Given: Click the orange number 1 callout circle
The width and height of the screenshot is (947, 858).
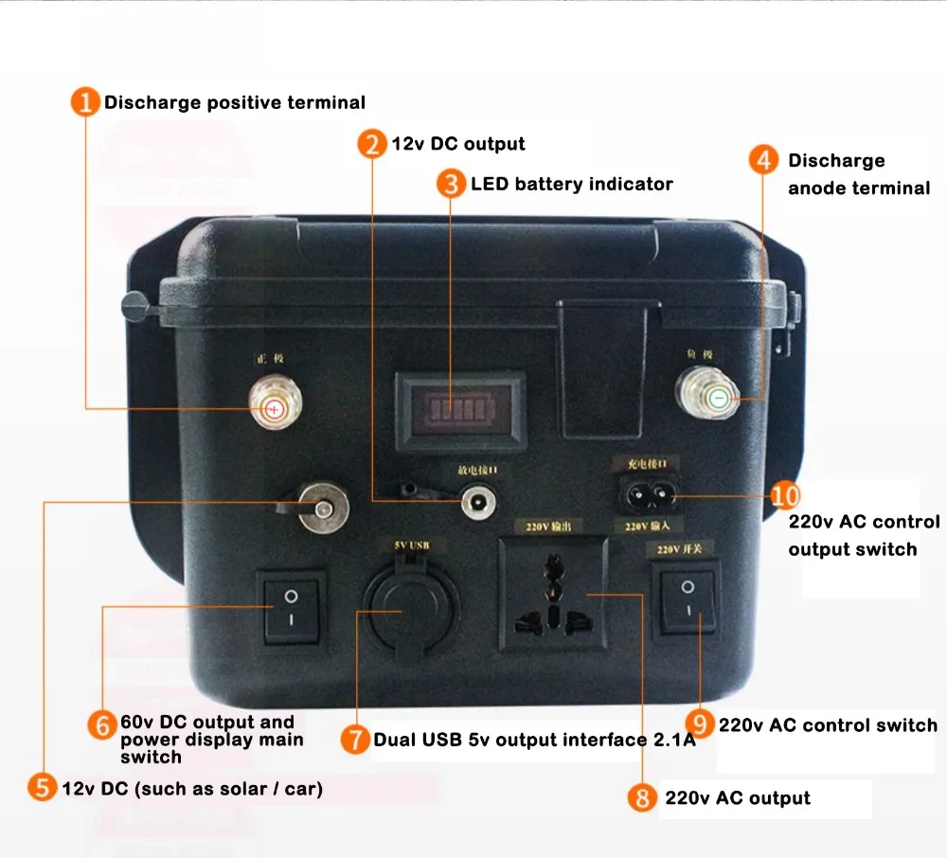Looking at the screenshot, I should click(85, 102).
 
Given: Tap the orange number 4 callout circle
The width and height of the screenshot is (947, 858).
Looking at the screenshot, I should click(763, 159).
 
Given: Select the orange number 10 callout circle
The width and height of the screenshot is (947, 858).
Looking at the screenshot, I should click(785, 495).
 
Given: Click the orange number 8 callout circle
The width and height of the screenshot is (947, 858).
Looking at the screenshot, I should click(642, 797).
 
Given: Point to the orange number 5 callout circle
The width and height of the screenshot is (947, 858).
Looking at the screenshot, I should click(41, 787).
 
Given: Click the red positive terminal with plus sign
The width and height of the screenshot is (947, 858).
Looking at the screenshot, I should click(273, 408).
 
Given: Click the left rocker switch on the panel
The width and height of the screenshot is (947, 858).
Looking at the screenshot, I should click(291, 608).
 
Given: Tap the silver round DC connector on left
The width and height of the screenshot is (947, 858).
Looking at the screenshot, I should click(322, 509).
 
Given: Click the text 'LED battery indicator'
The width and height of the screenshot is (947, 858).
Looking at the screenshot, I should click(571, 184).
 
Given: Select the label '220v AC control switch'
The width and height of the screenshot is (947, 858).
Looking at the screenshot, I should click(828, 725).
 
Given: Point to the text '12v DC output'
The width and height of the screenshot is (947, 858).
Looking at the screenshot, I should click(458, 144).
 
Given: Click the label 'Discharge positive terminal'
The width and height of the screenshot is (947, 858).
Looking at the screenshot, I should click(234, 102).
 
